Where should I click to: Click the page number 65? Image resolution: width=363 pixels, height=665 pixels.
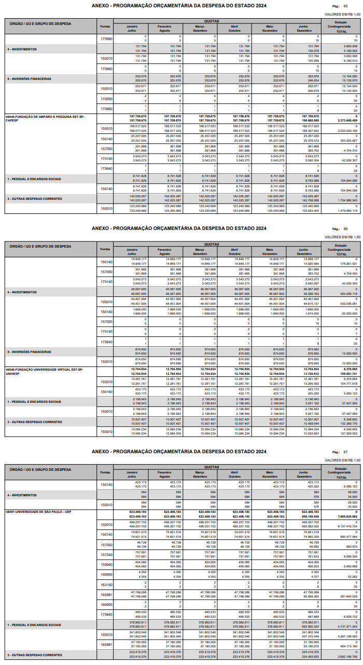(x=345, y=6)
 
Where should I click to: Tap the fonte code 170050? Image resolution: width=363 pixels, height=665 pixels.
(x=106, y=99)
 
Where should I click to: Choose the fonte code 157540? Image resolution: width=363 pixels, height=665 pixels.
(x=106, y=554)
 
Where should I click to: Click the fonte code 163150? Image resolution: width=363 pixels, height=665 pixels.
(x=106, y=585)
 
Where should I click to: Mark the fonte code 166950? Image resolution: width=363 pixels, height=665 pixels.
(x=106, y=604)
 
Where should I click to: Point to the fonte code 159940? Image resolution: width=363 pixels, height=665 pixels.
(x=106, y=564)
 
